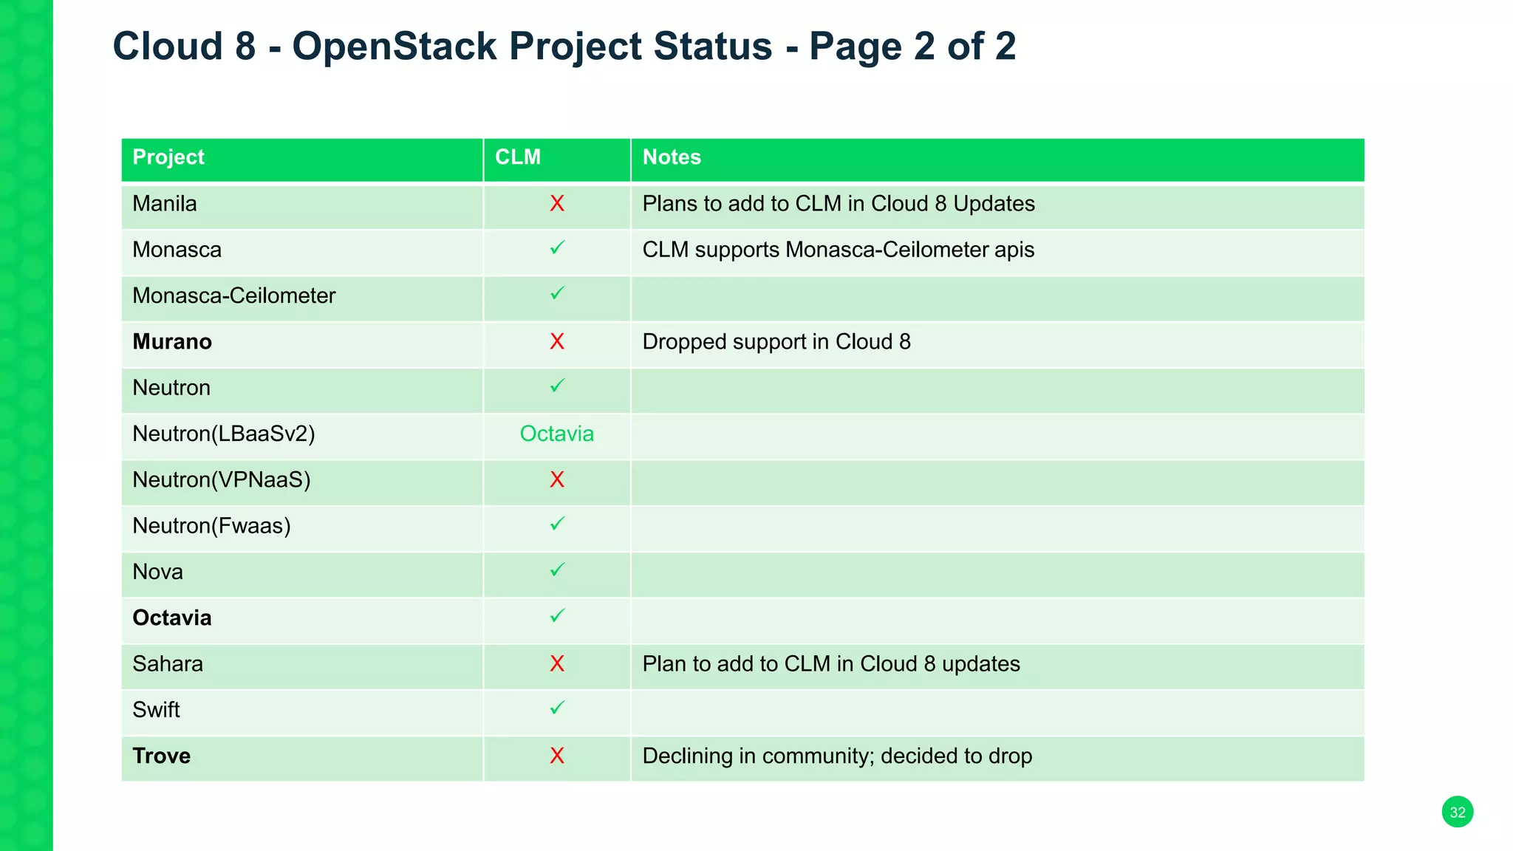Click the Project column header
[x=168, y=157]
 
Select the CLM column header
[x=517, y=157]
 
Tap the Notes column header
[x=671, y=157]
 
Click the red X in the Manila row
[x=557, y=204]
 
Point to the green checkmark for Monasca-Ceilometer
[x=557, y=294]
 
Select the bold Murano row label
[x=172, y=342]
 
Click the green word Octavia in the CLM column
[x=556, y=434]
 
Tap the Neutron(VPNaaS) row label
[x=222, y=480]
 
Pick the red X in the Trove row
[x=557, y=756]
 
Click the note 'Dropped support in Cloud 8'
[x=776, y=342]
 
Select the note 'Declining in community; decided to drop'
[x=836, y=756]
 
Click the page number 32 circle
[x=1457, y=812]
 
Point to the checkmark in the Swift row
[x=557, y=708]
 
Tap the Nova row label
[x=157, y=572]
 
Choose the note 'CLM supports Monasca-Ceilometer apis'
[x=838, y=250]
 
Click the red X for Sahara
[x=557, y=664]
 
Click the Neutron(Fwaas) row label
[x=211, y=526]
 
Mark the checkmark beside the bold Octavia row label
[x=557, y=616]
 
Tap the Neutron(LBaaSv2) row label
[x=224, y=434]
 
